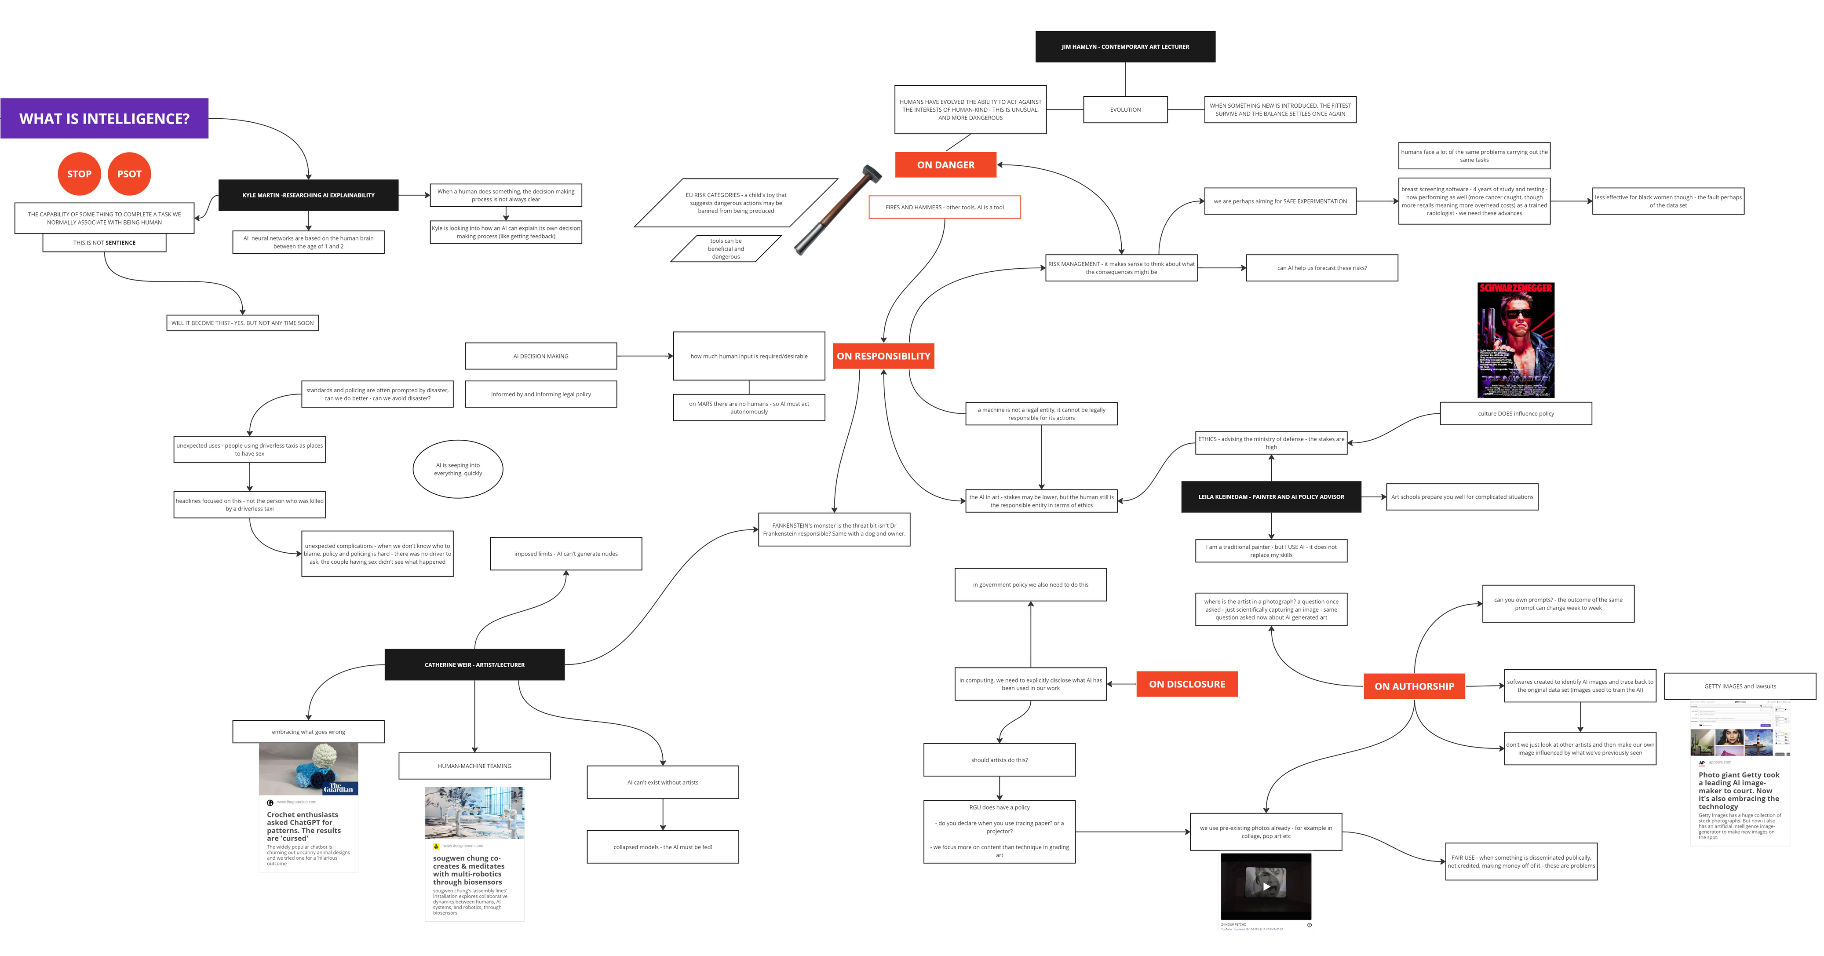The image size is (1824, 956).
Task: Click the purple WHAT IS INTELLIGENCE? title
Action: [104, 118]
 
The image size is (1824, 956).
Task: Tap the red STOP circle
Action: [79, 174]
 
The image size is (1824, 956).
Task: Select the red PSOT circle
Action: [130, 174]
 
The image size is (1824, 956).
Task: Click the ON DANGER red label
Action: [945, 164]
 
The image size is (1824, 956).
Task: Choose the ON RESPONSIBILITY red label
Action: [883, 355]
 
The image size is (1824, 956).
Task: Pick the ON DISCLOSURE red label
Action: [1187, 684]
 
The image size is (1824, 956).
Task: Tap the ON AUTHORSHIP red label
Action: [1414, 686]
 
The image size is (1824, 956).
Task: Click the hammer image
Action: [838, 210]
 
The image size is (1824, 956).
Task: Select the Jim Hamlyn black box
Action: [1125, 47]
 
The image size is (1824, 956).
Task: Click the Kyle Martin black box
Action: [309, 195]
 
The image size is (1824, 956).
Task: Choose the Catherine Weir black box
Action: [474, 665]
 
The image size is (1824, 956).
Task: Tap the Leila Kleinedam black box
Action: [1271, 496]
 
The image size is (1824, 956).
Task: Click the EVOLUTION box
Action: [1125, 110]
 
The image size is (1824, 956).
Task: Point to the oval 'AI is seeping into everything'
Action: [458, 469]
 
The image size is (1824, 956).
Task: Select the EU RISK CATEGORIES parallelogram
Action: [736, 203]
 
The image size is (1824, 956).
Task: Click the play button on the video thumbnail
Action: [1266, 887]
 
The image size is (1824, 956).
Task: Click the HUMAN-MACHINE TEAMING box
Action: [474, 766]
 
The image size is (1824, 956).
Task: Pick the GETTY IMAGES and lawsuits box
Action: [1740, 686]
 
